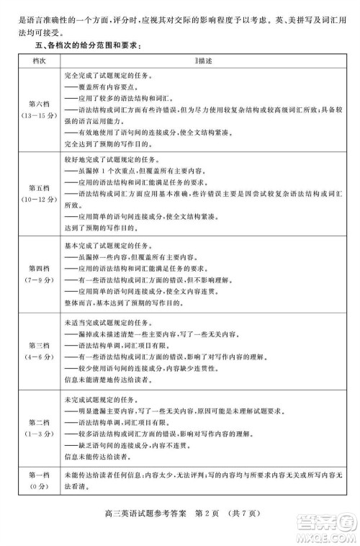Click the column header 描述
pos(199,62)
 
